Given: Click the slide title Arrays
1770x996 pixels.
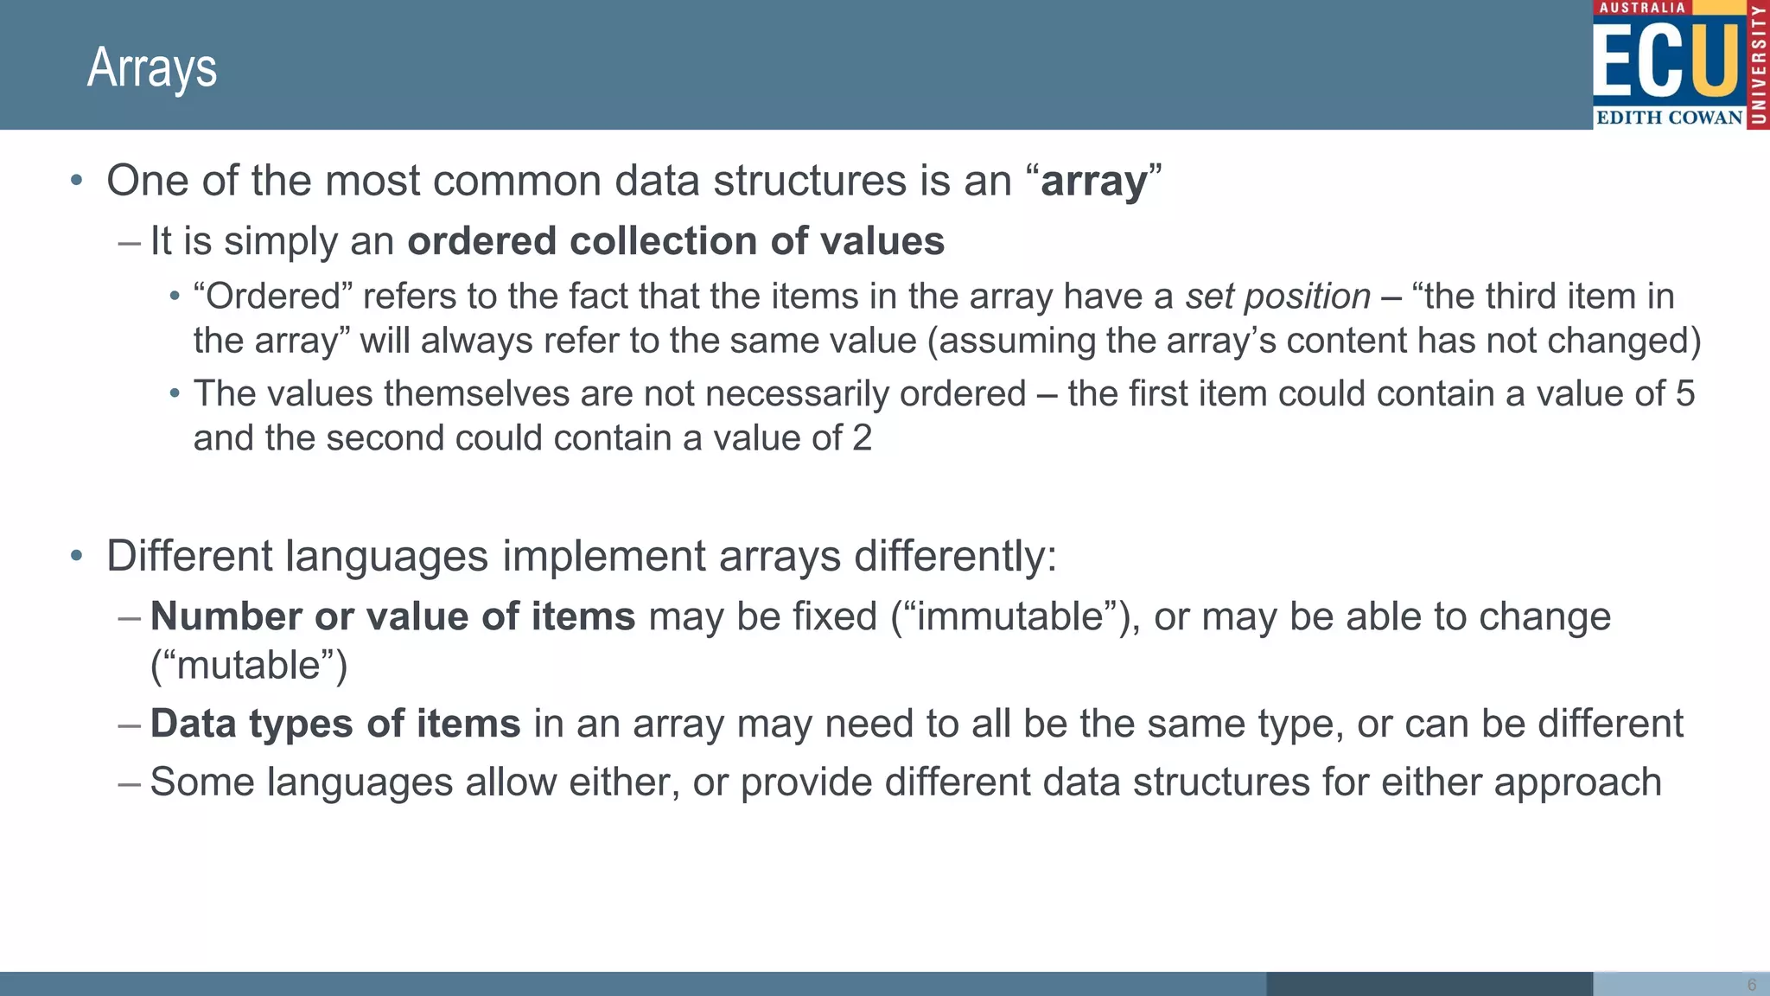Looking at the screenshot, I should (152, 67).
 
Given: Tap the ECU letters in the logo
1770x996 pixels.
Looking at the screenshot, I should (1667, 61).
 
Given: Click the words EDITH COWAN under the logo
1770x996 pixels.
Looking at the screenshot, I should (1669, 118).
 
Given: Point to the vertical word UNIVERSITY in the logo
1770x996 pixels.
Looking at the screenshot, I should (1758, 65).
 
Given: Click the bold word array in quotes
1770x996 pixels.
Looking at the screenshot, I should (1094, 181).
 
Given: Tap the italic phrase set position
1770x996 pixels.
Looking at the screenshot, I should (1277, 297).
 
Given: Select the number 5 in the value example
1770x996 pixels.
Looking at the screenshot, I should (1685, 393).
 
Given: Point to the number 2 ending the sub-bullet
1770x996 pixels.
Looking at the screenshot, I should (862, 437).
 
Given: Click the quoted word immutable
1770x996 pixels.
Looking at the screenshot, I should (1009, 616).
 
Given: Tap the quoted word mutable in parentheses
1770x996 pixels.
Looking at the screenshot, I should (249, 666).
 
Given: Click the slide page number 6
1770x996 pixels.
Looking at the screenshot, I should (1752, 985).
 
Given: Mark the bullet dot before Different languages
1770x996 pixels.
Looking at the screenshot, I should (77, 556).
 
